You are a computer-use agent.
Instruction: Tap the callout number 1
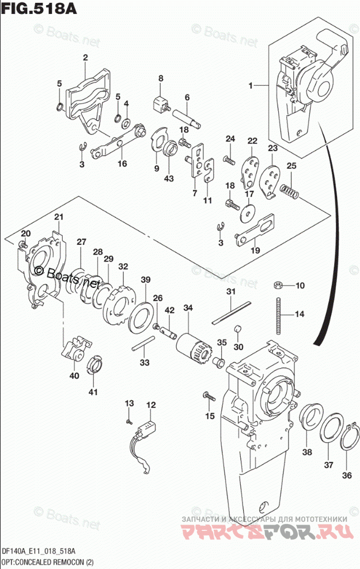(x=251, y=85)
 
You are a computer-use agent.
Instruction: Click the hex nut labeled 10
(x=277, y=284)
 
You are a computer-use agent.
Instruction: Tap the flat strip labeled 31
(x=232, y=311)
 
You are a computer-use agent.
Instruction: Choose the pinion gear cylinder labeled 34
(x=191, y=347)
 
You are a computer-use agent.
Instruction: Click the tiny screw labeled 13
(x=130, y=421)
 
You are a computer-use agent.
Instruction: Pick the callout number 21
(x=58, y=217)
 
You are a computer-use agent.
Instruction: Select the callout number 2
(x=85, y=57)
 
